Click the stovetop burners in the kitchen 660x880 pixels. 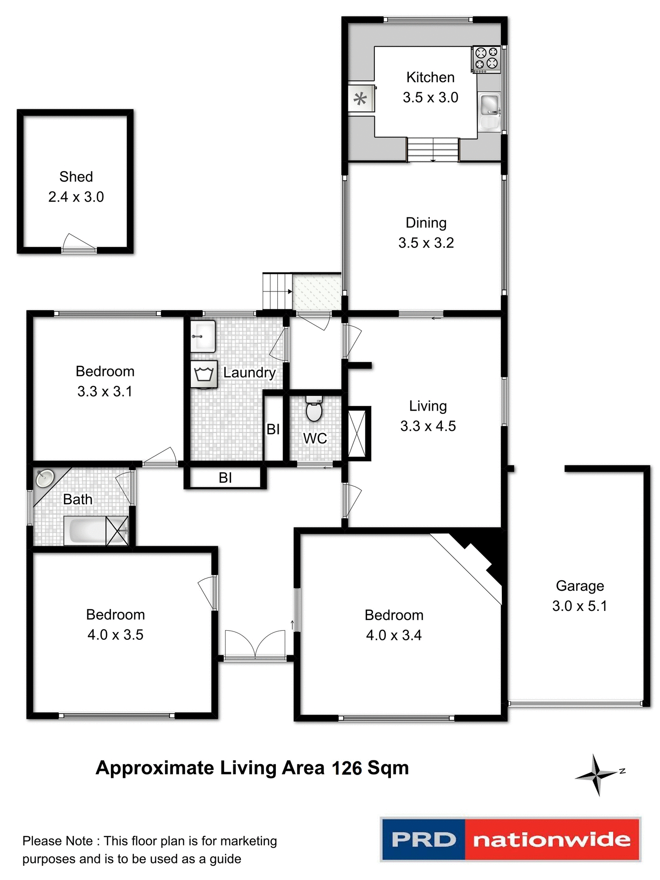click(x=486, y=59)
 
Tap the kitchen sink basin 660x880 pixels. click(x=489, y=105)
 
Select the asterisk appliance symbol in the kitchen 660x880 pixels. click(x=360, y=99)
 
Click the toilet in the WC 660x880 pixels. click(x=314, y=409)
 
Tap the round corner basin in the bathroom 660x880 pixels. click(x=44, y=478)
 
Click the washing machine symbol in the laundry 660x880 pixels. click(x=204, y=374)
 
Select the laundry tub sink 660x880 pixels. click(x=203, y=336)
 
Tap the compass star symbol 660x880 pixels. click(x=596, y=775)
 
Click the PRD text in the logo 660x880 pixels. click(x=423, y=840)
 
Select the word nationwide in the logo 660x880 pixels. click(x=552, y=840)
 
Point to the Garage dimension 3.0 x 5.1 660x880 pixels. click(x=579, y=606)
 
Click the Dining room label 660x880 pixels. click(x=426, y=223)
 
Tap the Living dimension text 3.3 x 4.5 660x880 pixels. click(x=428, y=426)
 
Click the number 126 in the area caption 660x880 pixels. click(x=346, y=768)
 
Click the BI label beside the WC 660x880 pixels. click(x=273, y=429)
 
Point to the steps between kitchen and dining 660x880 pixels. click(x=433, y=149)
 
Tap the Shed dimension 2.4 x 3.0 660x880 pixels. click(x=76, y=197)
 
